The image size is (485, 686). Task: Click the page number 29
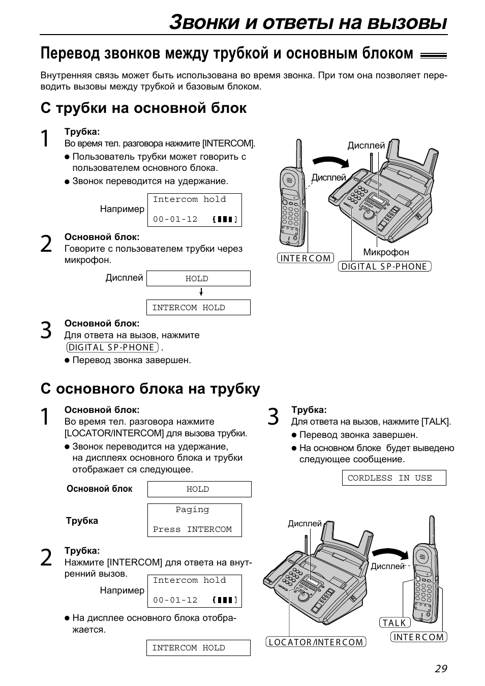tap(441, 669)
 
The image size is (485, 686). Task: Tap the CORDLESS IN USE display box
tap(394, 478)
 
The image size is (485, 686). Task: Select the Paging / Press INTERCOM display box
tap(194, 520)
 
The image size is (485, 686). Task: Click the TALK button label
tap(395, 622)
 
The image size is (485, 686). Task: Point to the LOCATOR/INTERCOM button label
tap(316, 642)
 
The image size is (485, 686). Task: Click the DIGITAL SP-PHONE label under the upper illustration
tap(384, 266)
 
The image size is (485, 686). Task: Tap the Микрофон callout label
tap(386, 252)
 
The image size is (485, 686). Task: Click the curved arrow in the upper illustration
tap(330, 161)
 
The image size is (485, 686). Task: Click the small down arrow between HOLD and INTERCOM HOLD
tap(201, 292)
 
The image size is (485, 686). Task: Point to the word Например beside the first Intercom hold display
tap(122, 209)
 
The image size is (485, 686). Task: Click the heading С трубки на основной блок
tap(143, 108)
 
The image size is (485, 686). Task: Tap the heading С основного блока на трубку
tap(150, 389)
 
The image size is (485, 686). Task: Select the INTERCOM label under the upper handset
tap(305, 258)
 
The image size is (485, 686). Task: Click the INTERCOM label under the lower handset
tap(418, 637)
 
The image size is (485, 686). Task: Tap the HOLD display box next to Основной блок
tap(199, 489)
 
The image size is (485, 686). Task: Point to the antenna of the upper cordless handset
tap(299, 154)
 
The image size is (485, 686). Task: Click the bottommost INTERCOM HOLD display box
tap(198, 648)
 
